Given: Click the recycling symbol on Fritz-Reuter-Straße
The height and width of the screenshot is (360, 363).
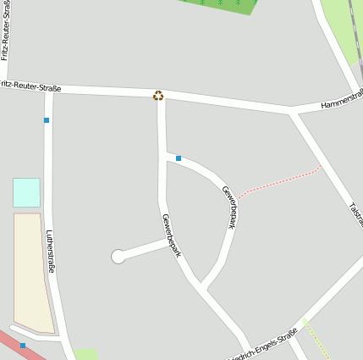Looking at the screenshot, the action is [158, 96].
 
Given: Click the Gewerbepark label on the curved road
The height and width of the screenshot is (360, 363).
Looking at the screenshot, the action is [228, 207].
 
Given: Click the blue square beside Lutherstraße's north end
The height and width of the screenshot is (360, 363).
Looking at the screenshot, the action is [47, 120].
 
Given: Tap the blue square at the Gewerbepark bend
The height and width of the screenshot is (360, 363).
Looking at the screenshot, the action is [179, 158].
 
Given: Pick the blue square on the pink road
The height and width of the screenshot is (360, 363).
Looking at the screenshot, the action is [23, 346].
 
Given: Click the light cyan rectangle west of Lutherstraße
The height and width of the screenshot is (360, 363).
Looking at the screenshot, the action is [26, 192].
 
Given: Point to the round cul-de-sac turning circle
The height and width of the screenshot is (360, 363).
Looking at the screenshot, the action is [118, 257].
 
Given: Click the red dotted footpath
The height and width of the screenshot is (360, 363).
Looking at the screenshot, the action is [279, 182].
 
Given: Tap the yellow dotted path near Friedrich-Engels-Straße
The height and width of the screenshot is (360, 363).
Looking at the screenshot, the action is [316, 339].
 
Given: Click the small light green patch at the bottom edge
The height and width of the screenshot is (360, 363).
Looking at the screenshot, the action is [85, 354].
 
